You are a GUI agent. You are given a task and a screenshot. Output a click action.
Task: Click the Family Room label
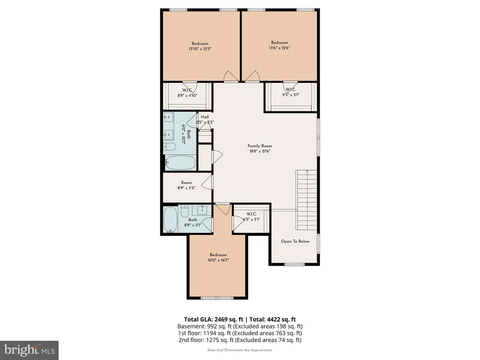[x=260, y=146]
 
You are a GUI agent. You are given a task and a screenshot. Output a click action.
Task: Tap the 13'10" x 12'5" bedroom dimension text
[x=200, y=49]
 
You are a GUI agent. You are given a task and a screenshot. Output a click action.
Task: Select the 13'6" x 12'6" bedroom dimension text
[x=279, y=48]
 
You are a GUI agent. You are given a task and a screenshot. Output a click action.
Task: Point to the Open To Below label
[x=295, y=241]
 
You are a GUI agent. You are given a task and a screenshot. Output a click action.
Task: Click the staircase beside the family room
[x=306, y=200]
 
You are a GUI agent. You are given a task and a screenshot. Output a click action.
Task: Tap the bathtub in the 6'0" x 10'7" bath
[x=180, y=163]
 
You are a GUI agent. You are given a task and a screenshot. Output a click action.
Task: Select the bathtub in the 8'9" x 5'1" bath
[x=171, y=220]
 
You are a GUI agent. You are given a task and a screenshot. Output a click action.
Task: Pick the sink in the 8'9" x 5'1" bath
[x=202, y=210]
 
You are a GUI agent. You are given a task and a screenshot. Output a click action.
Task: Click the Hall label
[x=205, y=117]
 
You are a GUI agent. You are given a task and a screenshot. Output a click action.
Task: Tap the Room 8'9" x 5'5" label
[x=186, y=185]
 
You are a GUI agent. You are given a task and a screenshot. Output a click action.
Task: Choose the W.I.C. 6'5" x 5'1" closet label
[x=251, y=217]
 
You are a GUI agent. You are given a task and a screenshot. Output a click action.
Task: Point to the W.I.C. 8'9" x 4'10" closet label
[x=187, y=93]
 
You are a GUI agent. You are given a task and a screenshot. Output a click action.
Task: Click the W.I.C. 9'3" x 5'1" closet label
[x=291, y=92]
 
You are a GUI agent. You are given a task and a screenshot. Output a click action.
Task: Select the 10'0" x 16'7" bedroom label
[x=218, y=257]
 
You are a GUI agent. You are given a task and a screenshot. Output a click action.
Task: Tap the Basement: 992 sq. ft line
[x=240, y=326]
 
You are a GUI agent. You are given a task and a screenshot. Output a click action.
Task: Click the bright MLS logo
[x=29, y=350]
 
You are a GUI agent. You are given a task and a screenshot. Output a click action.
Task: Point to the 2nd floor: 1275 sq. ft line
[x=240, y=340]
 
